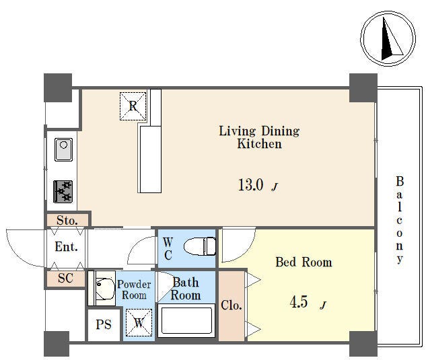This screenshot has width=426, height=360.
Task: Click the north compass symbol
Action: [388, 38]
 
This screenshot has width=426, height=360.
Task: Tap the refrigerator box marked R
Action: [133, 106]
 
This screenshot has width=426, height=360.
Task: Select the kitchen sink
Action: [63, 149]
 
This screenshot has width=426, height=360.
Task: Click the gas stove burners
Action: [63, 192]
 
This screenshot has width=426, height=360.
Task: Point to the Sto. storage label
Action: [67, 220]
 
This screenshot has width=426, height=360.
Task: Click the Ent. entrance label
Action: [67, 247]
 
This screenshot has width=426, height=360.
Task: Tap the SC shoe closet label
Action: [65, 278]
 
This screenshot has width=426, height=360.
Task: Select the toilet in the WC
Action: [200, 246]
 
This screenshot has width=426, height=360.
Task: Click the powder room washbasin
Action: [106, 289]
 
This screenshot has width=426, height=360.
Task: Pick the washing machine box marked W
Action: [139, 323]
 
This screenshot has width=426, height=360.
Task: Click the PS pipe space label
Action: [104, 325]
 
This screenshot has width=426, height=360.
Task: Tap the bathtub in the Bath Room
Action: [186, 320]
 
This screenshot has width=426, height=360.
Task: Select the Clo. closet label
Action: [232, 305]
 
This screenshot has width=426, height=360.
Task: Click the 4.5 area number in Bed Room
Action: [299, 302]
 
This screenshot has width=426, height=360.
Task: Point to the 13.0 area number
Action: [250, 185]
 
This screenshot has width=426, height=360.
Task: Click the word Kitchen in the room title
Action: [260, 144]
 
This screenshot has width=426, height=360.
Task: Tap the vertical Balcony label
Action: [399, 220]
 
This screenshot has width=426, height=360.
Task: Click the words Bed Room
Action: [304, 262]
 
